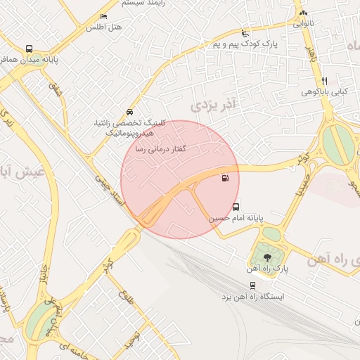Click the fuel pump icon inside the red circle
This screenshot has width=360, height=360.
pos(224,178)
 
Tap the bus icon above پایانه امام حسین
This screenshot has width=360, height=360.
pos(236,207)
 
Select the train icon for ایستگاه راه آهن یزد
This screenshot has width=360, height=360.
pos(252,285)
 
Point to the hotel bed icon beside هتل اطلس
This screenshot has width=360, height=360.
pos(104,16)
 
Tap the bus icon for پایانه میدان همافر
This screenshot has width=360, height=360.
pos(29,49)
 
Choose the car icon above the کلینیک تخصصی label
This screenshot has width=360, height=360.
pos(129,112)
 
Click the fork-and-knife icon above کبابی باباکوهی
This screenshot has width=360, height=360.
pos(324,81)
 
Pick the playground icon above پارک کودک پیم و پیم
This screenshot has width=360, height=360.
pos(244,33)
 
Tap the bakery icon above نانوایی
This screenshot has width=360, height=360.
pos(303,13)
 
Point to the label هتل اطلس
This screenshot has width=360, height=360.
pos(103,27)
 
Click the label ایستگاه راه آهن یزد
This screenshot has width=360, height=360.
pos(252,297)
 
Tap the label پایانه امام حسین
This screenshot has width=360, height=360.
pos(236,219)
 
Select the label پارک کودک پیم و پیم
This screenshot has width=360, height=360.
pos(242,44)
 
